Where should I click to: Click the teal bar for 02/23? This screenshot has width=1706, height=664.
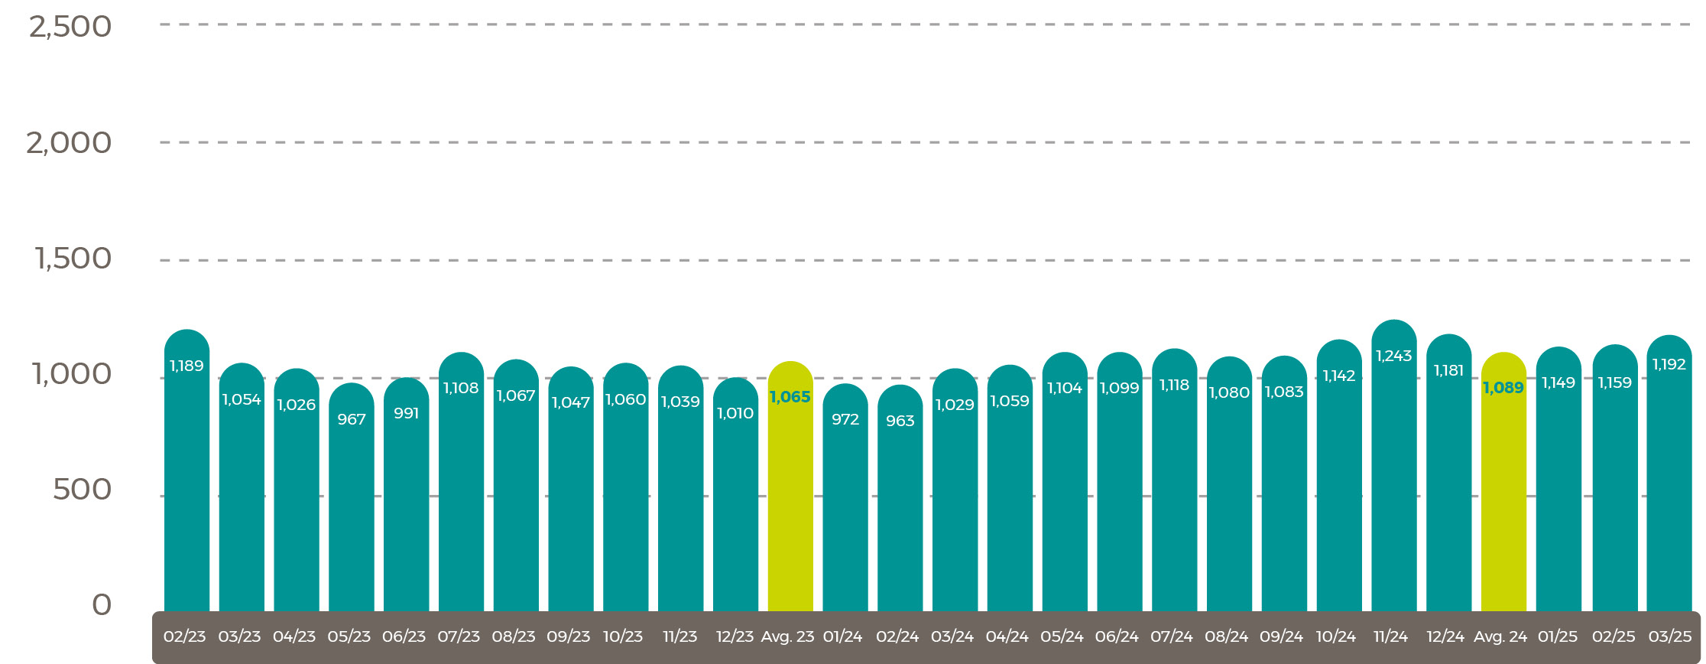186,490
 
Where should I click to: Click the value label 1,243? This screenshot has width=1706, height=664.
1393,356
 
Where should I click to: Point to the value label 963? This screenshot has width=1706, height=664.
900,421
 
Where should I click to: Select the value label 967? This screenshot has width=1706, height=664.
352,419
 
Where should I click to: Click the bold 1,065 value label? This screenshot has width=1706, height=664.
790,397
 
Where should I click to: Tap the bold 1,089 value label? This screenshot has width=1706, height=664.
1503,388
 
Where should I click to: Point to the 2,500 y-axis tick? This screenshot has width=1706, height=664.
70,27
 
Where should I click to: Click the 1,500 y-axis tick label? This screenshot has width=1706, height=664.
73,259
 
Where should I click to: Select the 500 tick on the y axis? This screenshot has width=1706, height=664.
82,490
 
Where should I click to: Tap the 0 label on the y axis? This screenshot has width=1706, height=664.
102,605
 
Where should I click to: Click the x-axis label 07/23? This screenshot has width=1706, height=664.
459,636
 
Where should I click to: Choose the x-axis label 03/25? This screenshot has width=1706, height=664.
1669,636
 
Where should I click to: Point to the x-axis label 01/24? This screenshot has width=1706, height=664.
842,636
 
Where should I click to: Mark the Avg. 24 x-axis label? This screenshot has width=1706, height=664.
1500,636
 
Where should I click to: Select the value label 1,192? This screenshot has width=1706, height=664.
1669,365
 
